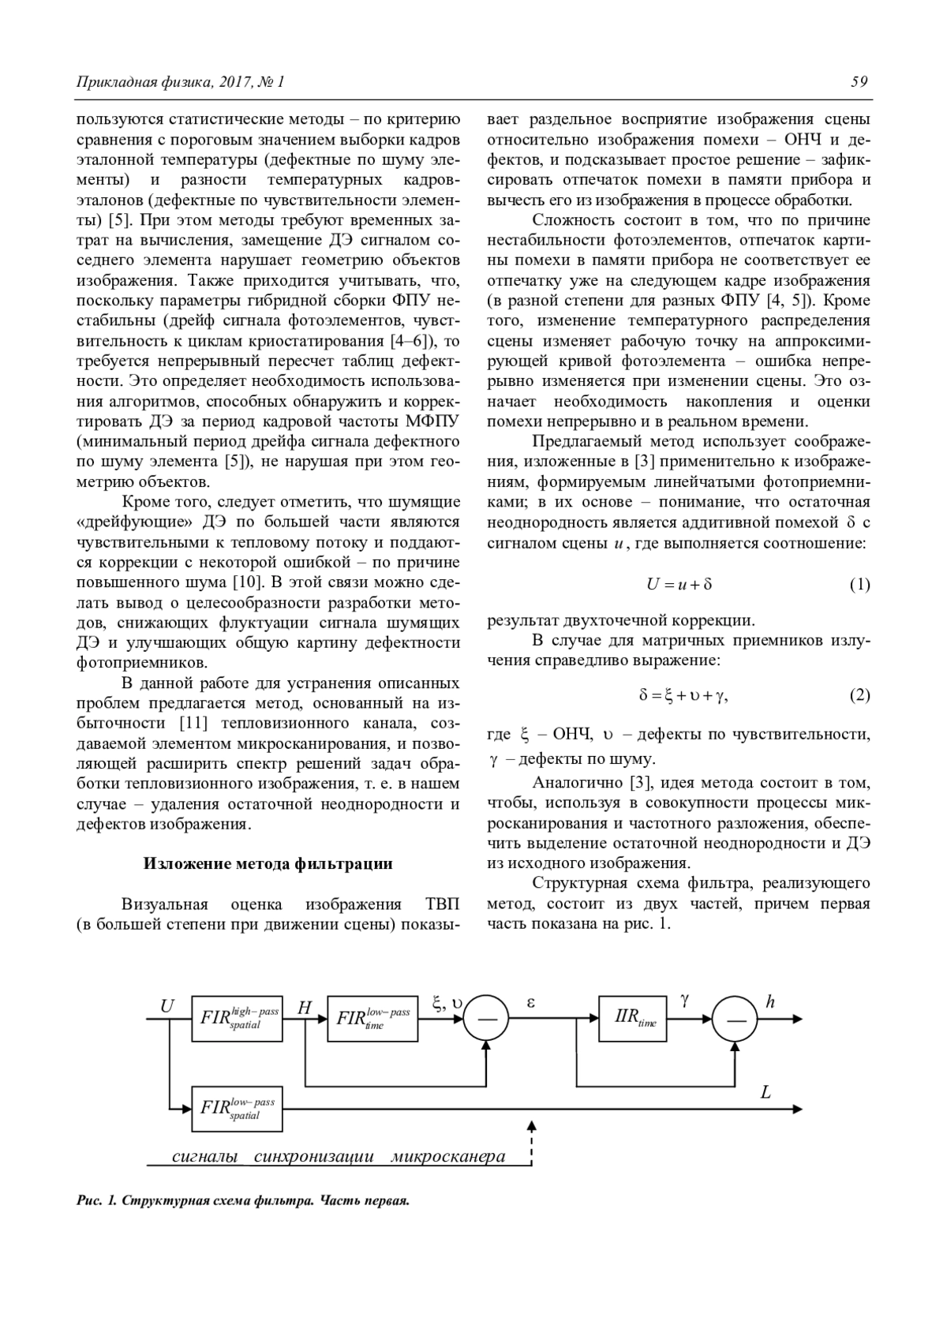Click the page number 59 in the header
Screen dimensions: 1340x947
tap(859, 81)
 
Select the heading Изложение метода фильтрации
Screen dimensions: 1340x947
tap(268, 863)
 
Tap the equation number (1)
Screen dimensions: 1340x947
tap(859, 585)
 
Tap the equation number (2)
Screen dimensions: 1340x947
tap(859, 695)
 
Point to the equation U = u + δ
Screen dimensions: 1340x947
tap(679, 585)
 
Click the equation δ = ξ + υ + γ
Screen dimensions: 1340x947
tap(683, 695)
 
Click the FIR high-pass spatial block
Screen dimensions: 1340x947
tap(238, 1018)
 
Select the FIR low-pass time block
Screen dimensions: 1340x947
tap(372, 1018)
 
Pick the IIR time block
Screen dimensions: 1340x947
tap(634, 1018)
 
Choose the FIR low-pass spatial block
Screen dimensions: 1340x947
tap(238, 1108)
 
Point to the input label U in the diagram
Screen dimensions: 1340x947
tap(167, 1006)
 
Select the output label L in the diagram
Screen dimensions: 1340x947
tap(765, 1093)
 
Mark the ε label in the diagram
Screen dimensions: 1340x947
tap(530, 1002)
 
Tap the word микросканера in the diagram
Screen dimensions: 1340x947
tap(447, 1157)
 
